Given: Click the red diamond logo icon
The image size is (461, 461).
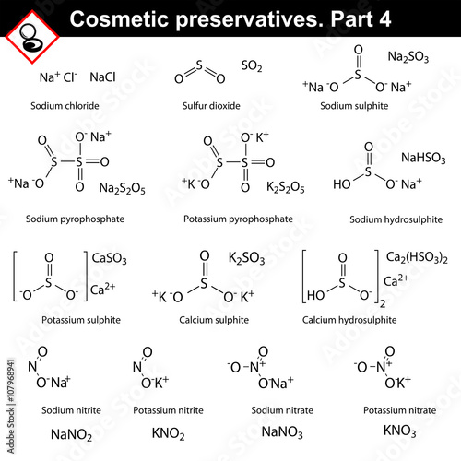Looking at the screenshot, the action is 32,37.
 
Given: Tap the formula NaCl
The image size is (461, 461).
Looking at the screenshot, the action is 102,77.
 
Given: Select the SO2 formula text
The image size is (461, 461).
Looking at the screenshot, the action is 252,65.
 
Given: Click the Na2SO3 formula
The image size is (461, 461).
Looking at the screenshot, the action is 408,57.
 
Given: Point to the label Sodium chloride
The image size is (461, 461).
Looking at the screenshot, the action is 65,106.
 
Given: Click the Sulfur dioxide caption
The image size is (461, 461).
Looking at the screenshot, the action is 211,106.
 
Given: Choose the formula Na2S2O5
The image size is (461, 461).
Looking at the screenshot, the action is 122,188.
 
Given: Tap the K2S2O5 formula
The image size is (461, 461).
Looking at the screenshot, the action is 286,187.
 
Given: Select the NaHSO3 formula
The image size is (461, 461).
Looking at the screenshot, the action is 423,158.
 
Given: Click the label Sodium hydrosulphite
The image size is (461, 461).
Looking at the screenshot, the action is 396,219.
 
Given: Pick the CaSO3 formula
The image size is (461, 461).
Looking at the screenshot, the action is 109,258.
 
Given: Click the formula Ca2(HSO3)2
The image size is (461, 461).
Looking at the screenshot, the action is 417,257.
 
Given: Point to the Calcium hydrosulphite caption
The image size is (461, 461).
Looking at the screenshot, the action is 349,320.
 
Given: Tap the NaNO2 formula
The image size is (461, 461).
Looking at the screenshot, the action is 71,435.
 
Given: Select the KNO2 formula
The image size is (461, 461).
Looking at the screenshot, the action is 168,433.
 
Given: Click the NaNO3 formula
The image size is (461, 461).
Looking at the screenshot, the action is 282,432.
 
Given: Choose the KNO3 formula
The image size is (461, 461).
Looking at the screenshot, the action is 399,431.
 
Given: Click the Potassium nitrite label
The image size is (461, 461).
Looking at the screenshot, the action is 168,410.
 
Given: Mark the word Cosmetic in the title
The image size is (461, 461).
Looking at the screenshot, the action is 119,19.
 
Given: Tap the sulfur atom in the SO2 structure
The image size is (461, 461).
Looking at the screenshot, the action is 199,65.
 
